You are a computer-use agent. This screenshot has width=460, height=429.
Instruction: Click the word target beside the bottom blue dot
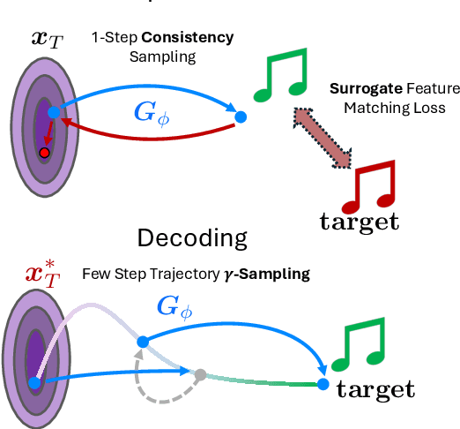click(x=377, y=388)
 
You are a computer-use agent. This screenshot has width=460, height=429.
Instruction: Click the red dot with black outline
click(x=43, y=153)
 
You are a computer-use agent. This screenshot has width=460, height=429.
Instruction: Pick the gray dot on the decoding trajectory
click(x=200, y=373)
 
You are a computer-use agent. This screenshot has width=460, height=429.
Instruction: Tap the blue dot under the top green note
click(x=241, y=117)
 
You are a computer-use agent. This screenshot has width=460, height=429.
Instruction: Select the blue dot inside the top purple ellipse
click(x=54, y=112)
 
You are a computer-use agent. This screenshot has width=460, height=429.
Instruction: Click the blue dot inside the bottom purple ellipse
click(x=34, y=382)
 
